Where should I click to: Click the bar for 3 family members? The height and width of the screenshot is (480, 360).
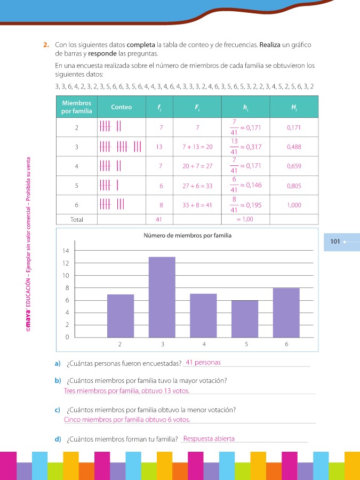click(162, 297)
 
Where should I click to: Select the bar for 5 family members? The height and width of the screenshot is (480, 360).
click(245, 318)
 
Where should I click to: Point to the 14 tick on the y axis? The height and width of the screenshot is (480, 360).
click(66, 251)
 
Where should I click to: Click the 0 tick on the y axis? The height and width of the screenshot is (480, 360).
click(68, 337)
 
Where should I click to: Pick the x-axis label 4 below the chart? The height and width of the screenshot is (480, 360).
click(204, 345)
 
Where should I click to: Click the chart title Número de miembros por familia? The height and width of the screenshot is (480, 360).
click(187, 236)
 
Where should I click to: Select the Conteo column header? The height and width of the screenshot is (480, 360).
click(121, 107)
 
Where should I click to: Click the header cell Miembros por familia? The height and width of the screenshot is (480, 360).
click(77, 107)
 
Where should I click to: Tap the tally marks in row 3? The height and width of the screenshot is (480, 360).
click(121, 147)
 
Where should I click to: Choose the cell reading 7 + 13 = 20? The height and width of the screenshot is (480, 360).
click(197, 147)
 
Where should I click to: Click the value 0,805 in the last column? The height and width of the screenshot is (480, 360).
click(294, 186)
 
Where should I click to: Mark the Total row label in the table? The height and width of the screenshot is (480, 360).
click(77, 219)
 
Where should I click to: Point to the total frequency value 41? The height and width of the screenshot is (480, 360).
click(159, 219)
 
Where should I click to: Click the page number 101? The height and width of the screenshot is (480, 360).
click(335, 242)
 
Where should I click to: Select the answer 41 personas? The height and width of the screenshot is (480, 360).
click(203, 363)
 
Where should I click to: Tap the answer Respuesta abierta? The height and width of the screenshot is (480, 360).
click(209, 439)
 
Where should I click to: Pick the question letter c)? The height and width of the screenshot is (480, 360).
click(57, 410)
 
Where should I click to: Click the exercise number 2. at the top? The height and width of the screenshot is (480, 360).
click(46, 45)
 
